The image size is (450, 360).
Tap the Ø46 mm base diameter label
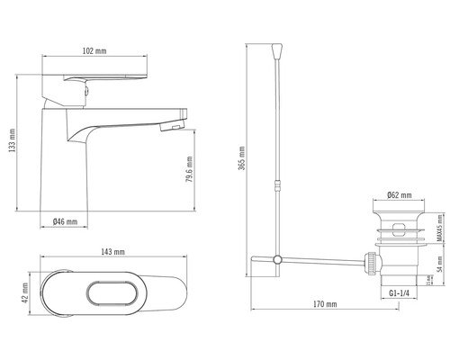click(65, 221)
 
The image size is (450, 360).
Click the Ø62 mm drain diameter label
click(400, 193)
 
